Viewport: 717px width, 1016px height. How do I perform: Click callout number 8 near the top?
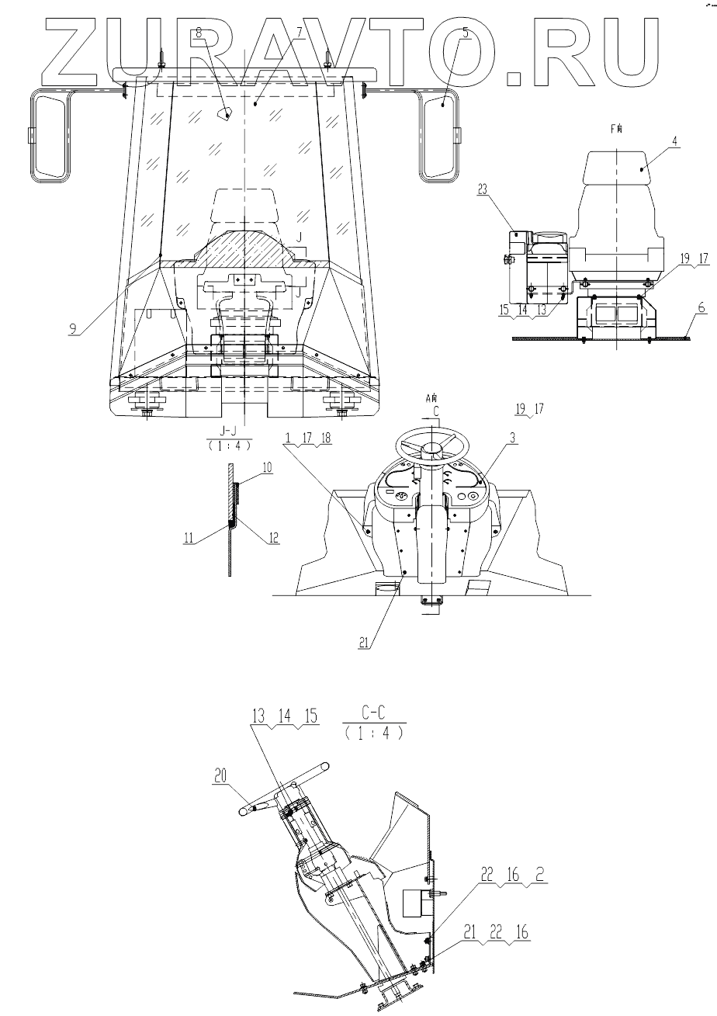coord(199,32)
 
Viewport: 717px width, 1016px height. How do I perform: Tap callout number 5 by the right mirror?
coord(465,32)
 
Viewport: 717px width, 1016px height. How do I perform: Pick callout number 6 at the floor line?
coord(680,307)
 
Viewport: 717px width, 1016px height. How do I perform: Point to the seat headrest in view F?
coord(617,167)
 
